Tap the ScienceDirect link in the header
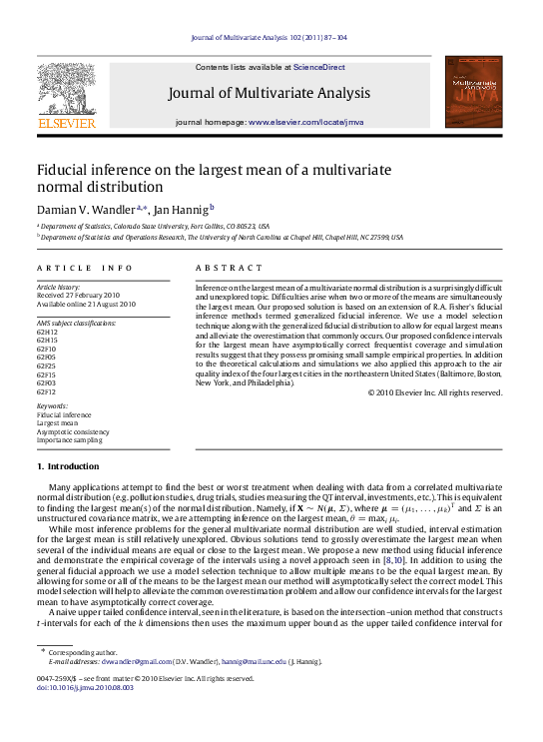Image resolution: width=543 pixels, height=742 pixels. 319,67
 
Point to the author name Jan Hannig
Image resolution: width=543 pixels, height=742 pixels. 181,210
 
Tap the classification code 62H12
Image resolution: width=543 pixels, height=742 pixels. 47,333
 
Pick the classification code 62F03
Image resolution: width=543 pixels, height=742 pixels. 47,382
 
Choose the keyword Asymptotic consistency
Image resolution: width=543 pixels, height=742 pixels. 75,430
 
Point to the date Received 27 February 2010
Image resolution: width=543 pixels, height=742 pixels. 78,296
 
